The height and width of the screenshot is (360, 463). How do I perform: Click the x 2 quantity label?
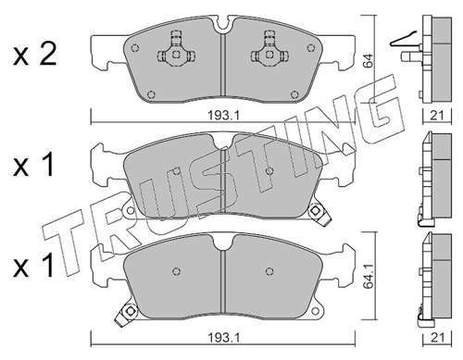tap(34, 55)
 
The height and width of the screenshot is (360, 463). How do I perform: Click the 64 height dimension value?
tap(369, 60)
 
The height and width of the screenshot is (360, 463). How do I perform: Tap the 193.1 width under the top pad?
tap(223, 116)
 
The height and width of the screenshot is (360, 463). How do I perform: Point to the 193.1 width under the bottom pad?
tap(223, 338)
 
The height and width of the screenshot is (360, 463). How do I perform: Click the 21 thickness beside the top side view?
tap(437, 116)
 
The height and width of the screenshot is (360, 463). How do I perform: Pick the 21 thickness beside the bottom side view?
tap(437, 338)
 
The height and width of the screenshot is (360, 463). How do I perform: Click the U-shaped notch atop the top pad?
tap(224, 24)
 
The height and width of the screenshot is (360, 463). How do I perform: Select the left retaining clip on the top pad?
tap(176, 50)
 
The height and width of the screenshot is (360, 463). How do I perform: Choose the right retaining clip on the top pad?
tap(269, 50)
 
